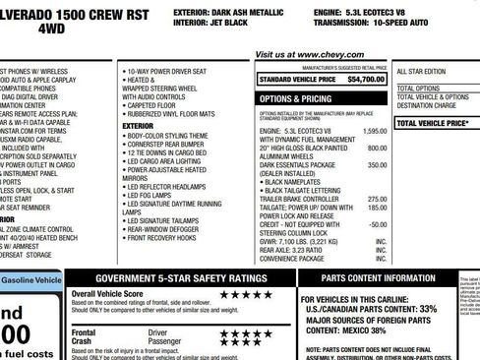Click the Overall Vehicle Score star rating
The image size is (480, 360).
click(x=244, y=294)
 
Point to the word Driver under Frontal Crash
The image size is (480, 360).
click(x=158, y=333)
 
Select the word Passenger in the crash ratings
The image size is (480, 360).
click(x=165, y=341)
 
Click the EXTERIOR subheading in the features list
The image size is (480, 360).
click(x=139, y=126)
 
